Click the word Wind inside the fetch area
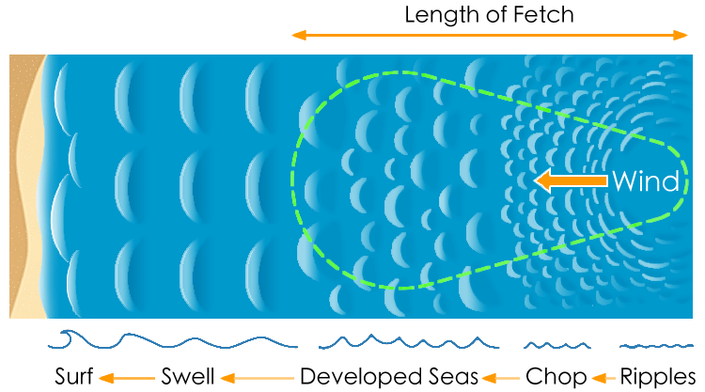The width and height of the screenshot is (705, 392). click(x=645, y=181)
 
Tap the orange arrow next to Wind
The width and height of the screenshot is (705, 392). click(x=570, y=180)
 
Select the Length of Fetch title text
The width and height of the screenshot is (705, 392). click(x=489, y=15)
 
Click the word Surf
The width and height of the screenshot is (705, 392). click(x=74, y=376)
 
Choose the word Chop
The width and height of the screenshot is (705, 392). click(x=556, y=376)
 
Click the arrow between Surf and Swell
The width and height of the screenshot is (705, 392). click(x=124, y=377)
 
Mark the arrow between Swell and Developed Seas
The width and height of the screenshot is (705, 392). click(x=256, y=377)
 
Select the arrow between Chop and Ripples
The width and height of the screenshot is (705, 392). click(x=603, y=377)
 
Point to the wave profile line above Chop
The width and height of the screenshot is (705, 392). click(x=556, y=344)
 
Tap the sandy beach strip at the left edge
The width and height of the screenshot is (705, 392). click(x=23, y=188)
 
